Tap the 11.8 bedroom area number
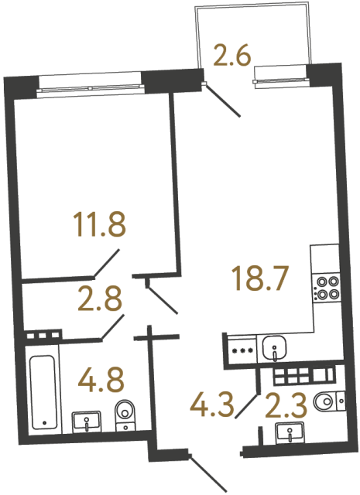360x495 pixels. pyautogui.click(x=98, y=227)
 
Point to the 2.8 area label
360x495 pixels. pyautogui.click(x=100, y=299)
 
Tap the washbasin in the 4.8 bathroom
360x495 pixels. pyautogui.click(x=87, y=422)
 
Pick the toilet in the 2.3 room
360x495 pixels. pyautogui.click(x=331, y=401)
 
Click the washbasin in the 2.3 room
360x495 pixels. pyautogui.click(x=290, y=435)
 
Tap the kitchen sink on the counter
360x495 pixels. pyautogui.click(x=273, y=350)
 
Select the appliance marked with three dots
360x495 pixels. pyautogui.click(x=241, y=349)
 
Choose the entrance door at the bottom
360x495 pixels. pyautogui.click(x=206, y=472)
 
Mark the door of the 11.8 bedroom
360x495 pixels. pyautogui.click(x=106, y=263)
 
